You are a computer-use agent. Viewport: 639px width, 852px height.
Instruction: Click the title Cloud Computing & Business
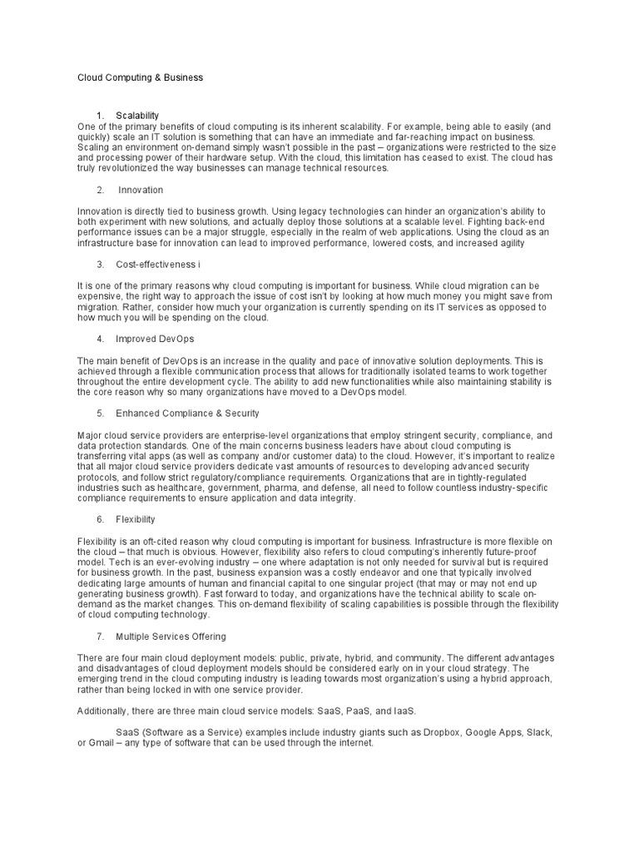pos(140,77)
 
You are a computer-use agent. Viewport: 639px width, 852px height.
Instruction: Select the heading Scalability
pos(137,115)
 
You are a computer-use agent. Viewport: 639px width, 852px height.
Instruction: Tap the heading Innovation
pos(141,190)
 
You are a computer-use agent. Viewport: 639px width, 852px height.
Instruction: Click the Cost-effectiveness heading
pos(157,264)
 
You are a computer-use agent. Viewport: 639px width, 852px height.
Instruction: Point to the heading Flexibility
pos(136,519)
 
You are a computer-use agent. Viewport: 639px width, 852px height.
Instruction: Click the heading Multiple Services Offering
pos(171,637)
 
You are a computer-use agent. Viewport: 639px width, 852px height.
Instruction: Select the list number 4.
pos(100,339)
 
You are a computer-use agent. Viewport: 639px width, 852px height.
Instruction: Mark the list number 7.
pos(100,637)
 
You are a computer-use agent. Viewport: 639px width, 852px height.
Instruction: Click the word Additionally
pos(105,711)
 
